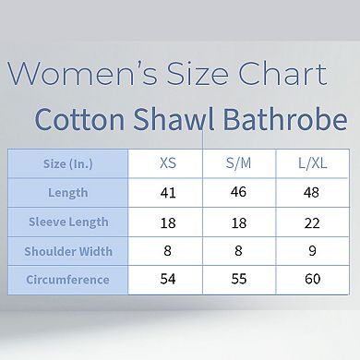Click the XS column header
167,164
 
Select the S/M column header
238,164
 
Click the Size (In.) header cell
67,164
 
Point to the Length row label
67,193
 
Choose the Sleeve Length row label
67,222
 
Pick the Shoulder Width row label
67,251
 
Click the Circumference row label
67,280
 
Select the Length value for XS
167,193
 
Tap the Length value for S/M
238,193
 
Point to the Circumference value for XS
167,280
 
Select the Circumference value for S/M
238,280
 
